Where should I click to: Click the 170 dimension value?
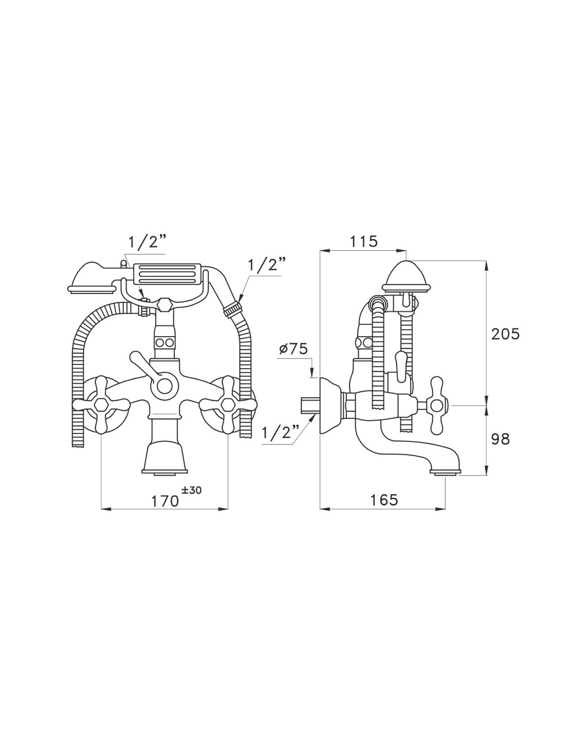click(x=165, y=501)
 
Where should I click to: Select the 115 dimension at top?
click(x=364, y=242)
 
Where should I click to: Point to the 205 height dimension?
click(x=505, y=333)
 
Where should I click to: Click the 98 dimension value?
click(x=501, y=439)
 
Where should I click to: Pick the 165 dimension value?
click(x=384, y=499)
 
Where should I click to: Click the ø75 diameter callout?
click(x=293, y=350)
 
